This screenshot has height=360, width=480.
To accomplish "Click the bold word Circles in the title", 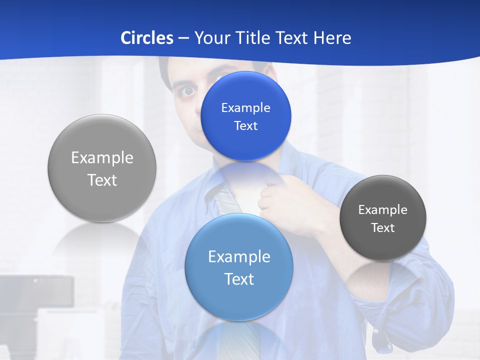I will [147, 38].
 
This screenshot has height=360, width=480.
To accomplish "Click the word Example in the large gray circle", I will [102, 158].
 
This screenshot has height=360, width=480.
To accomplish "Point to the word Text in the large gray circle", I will [102, 180].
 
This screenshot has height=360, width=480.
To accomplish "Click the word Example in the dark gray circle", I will [383, 210].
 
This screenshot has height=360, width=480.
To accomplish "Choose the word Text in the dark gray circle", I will [383, 228].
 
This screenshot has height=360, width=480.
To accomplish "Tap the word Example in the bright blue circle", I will [245, 108].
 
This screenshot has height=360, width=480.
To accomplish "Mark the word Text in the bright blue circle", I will [245, 126].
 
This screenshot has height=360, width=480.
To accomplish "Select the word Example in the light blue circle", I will [239, 257].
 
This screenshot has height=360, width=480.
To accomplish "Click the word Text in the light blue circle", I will [239, 279].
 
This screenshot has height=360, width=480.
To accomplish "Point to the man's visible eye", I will [187, 91].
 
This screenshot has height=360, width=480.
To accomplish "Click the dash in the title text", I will [183, 38].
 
